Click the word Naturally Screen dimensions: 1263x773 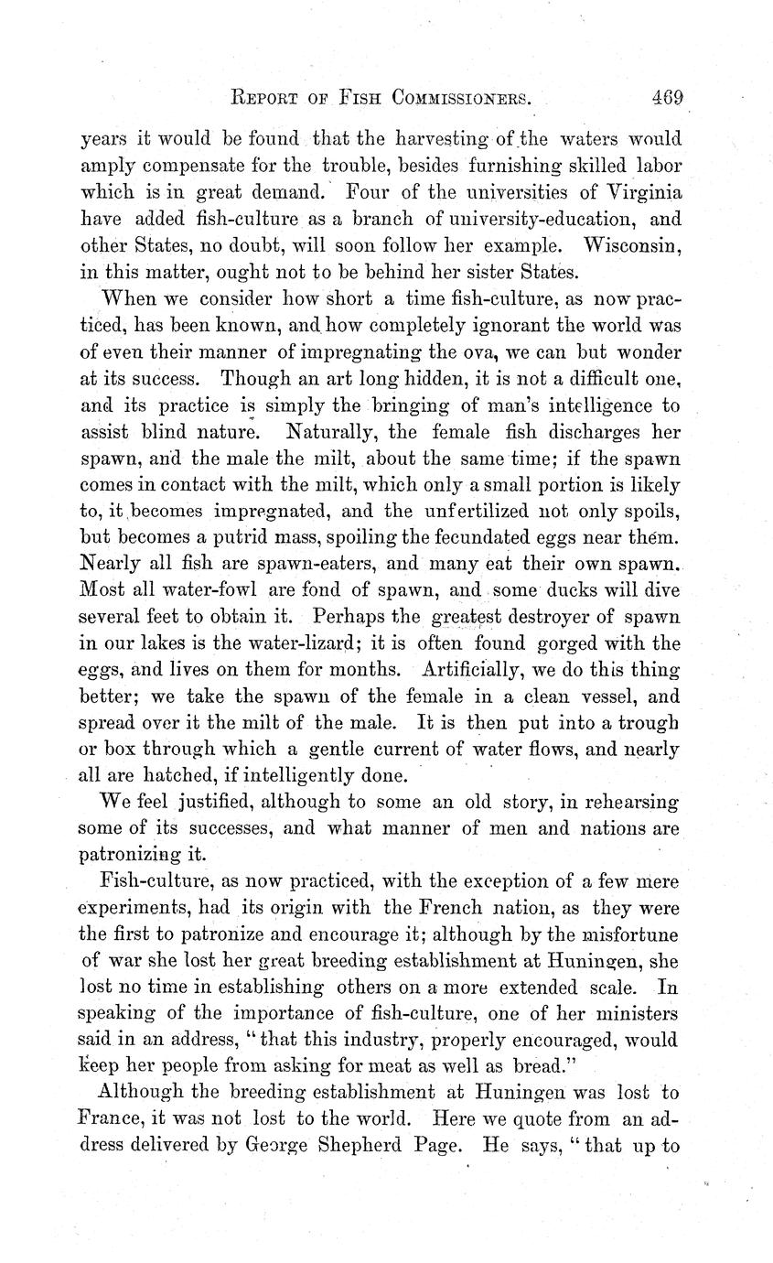[334, 430]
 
